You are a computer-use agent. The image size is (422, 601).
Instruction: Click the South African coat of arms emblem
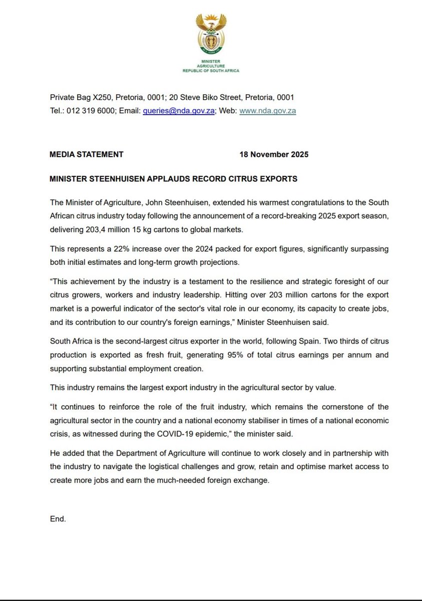211,34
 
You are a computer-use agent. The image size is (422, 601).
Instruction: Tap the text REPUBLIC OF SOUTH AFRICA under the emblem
211,71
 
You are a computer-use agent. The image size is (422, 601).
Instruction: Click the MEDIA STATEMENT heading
86,154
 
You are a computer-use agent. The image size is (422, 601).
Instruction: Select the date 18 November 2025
274,154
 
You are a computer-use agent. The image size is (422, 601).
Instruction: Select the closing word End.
58,519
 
